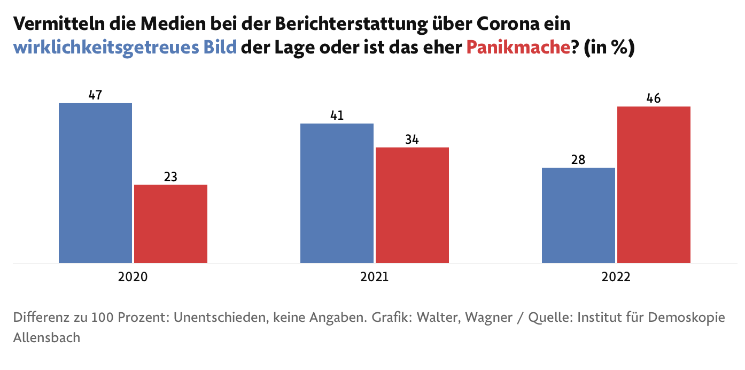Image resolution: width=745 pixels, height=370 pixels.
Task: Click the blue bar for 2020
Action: click(x=95, y=183)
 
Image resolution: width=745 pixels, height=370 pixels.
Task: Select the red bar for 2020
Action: click(x=170, y=224)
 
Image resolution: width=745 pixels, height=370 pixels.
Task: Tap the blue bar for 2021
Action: click(x=337, y=193)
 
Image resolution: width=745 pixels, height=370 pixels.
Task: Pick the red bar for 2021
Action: click(x=412, y=205)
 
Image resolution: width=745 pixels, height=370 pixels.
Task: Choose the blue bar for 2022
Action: click(x=578, y=215)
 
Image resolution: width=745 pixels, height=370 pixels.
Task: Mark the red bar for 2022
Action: click(x=654, y=184)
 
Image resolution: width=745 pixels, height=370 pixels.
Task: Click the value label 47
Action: click(x=95, y=95)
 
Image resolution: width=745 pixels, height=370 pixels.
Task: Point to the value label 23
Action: click(x=170, y=177)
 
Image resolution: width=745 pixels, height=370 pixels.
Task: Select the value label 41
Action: click(x=337, y=115)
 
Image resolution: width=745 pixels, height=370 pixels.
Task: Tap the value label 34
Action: click(x=412, y=140)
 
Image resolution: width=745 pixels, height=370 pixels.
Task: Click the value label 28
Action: click(x=578, y=160)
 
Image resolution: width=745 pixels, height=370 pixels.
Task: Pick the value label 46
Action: click(x=654, y=99)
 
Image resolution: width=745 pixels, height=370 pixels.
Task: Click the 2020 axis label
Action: click(x=133, y=277)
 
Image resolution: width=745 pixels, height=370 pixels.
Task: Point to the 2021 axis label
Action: click(x=374, y=277)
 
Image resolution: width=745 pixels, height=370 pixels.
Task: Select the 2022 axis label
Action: click(x=616, y=277)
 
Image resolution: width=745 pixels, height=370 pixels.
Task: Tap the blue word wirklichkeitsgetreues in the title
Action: click(x=106, y=48)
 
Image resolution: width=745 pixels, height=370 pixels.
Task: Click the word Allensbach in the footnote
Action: click(x=46, y=338)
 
